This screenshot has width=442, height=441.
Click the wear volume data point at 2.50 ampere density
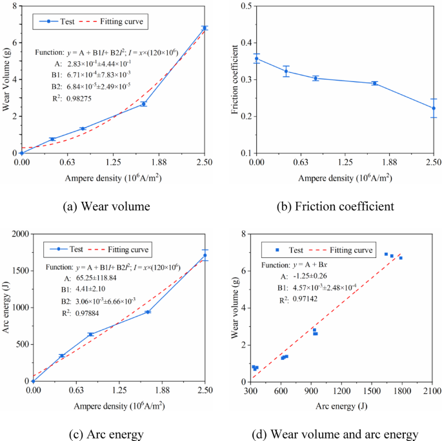click(205, 28)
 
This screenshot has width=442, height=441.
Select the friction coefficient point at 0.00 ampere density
click(257, 59)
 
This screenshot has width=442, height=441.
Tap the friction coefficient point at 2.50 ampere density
click(434, 108)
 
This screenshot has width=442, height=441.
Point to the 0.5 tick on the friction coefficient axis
click(245, 6)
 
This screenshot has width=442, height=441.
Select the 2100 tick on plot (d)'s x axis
click(432, 392)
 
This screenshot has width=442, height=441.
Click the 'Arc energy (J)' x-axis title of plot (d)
click(343, 407)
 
